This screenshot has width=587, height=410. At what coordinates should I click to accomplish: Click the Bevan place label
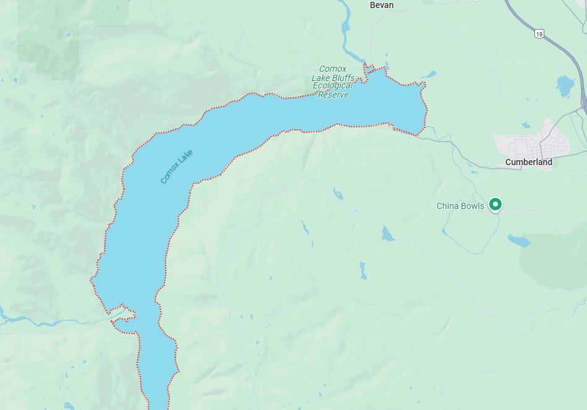coord(381,5)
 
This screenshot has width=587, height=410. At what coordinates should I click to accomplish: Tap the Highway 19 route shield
coord(539,34)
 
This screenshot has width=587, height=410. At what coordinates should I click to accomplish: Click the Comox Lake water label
coord(176,166)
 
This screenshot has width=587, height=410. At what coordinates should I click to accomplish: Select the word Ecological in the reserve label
coord(333,86)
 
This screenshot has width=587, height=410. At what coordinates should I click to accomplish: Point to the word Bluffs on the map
coord(342,78)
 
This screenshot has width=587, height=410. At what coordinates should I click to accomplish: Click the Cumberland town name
coord(529,162)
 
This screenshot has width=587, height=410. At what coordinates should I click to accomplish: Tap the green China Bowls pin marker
coord(495,203)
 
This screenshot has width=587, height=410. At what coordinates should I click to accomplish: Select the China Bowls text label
coord(460,206)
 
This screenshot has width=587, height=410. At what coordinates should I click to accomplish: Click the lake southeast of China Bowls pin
coord(518,241)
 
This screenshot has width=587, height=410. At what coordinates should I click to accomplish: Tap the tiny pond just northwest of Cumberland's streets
coord(526,125)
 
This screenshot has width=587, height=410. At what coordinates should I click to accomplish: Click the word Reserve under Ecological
coord(333,95)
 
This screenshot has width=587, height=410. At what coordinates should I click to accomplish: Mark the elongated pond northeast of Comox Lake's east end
coord(429,74)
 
